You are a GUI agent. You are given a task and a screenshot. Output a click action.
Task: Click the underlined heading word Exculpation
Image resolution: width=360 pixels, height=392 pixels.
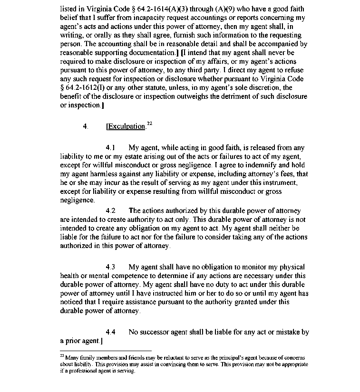tap(126, 126)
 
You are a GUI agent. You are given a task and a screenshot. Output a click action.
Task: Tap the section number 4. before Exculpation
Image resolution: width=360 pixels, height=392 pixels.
tap(86, 126)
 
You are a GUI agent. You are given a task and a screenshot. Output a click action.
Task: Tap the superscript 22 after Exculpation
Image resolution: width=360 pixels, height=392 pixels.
tap(149, 124)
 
